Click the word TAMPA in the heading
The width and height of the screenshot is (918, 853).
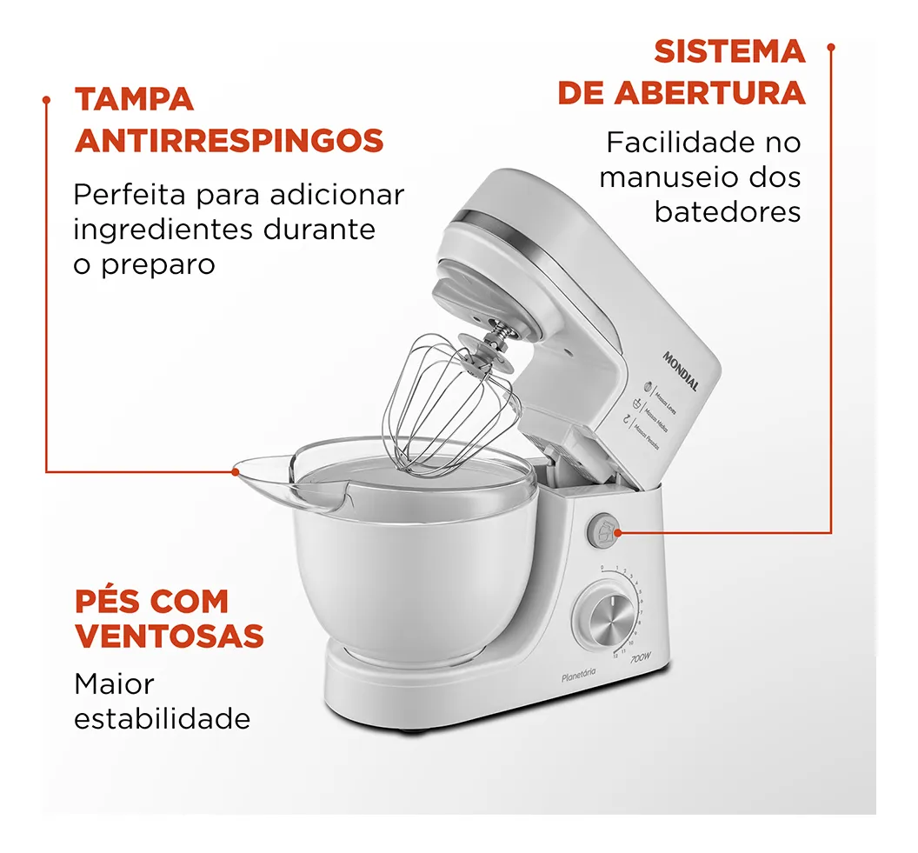[134, 99]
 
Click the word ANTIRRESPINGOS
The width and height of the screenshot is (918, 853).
[229, 141]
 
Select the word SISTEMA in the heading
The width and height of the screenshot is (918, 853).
[729, 51]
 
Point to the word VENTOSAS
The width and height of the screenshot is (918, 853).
[169, 636]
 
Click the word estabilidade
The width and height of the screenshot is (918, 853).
[162, 719]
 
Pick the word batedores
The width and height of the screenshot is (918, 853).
[728, 212]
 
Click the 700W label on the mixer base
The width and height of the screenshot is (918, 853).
[642, 658]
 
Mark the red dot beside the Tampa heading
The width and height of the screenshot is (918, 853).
[47, 100]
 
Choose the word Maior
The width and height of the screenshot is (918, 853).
[114, 684]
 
